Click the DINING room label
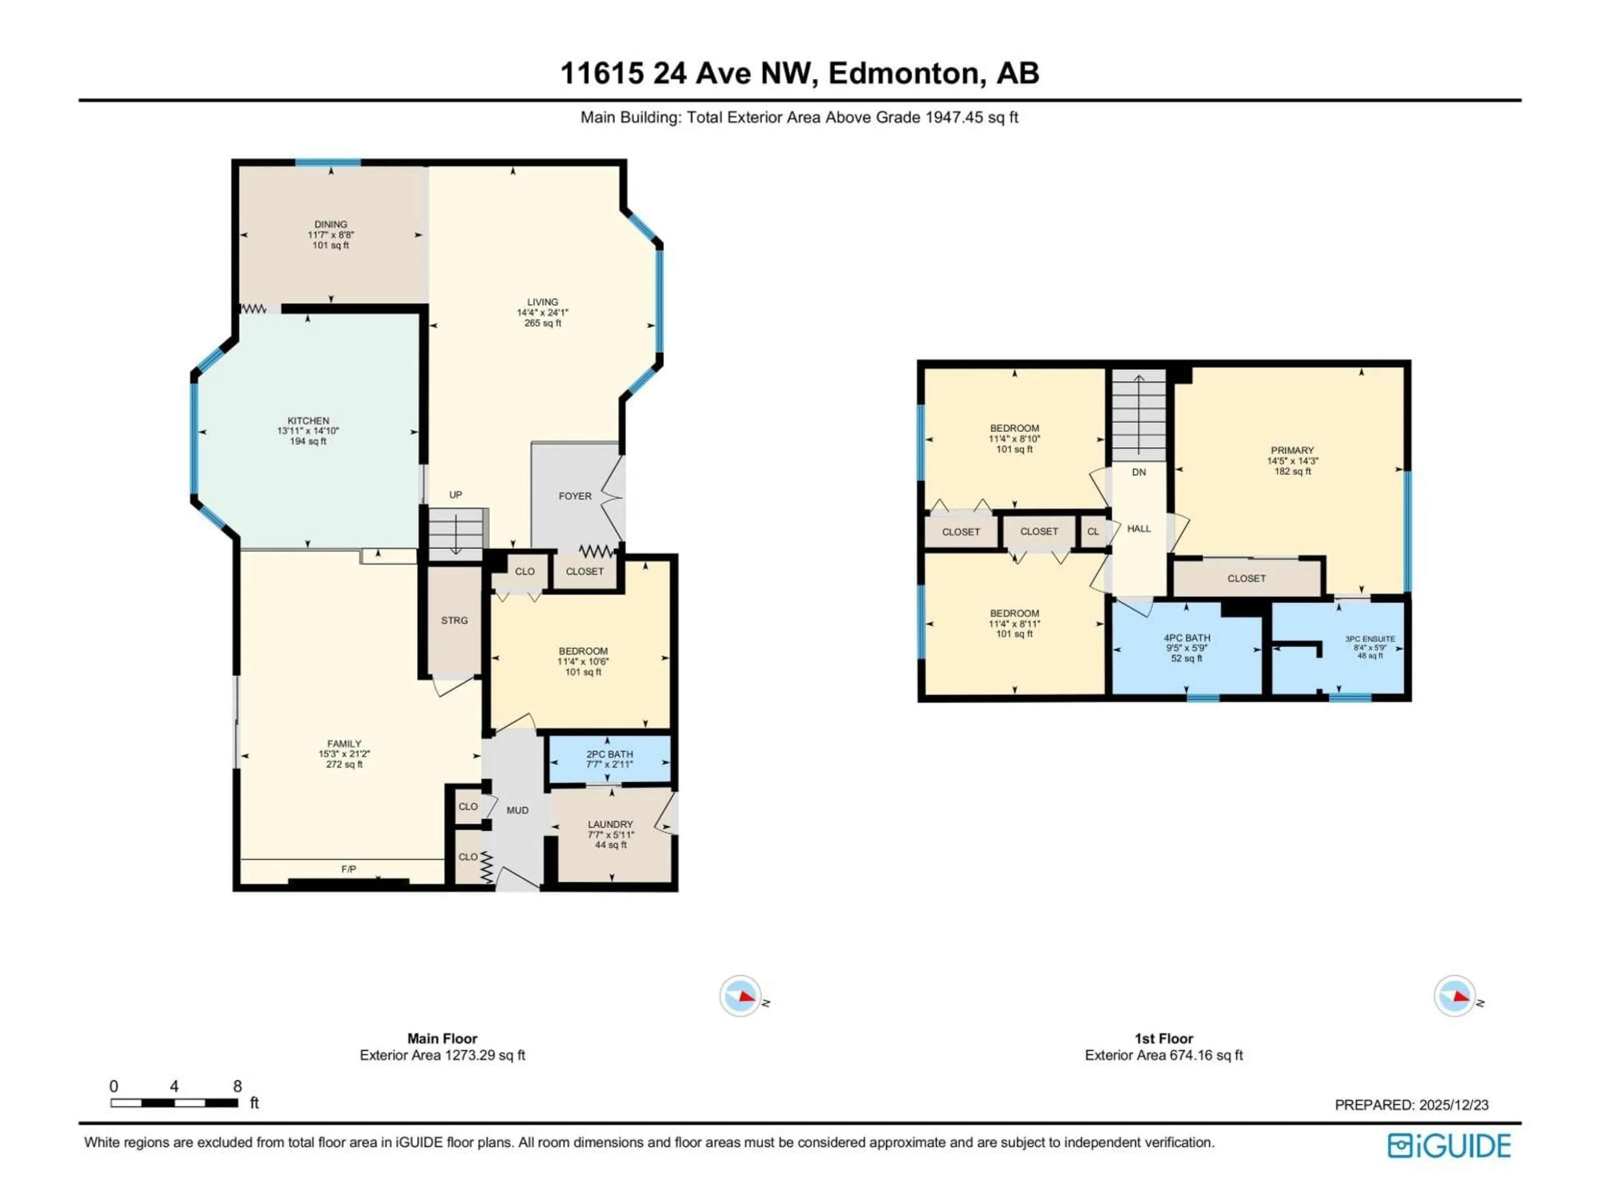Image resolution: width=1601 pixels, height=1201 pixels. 331,224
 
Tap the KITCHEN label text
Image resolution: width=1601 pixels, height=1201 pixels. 309,421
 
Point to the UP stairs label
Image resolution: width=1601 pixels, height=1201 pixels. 455,495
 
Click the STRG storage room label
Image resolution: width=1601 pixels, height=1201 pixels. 454,621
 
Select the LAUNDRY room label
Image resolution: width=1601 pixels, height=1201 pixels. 610,824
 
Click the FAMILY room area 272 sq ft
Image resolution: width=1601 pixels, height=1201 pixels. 344,764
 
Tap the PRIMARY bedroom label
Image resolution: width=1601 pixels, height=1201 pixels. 1292,450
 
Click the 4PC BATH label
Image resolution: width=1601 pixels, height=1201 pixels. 1187,638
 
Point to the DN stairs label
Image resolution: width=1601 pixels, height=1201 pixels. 1139,472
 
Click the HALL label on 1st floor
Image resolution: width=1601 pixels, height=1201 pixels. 1139,528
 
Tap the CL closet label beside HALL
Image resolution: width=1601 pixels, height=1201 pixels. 1093,531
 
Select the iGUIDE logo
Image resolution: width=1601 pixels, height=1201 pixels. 1448,1146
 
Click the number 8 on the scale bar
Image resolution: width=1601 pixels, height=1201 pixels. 237,1086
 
